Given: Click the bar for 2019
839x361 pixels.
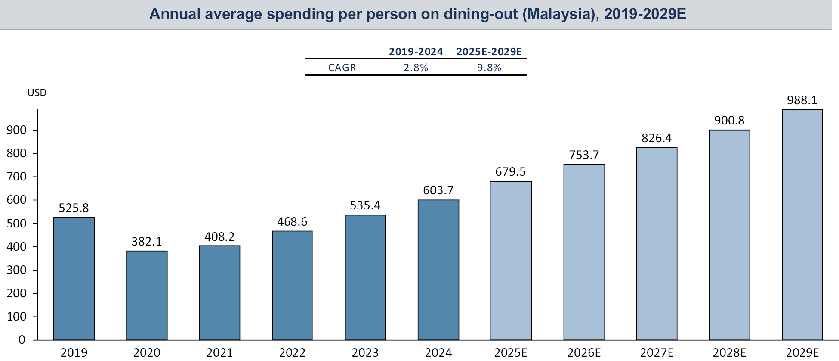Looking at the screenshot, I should [74, 279].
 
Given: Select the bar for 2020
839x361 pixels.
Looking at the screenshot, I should [146, 296].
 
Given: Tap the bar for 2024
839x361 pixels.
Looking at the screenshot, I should [438, 270].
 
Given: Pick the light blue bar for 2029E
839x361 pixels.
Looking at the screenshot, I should [802, 225].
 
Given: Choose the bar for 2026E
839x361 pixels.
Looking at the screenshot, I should [584, 252].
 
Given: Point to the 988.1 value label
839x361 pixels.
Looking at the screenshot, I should [802, 100].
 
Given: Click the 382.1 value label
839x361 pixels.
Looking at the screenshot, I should [146, 242].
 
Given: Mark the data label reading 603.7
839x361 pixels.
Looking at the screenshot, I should [438, 190].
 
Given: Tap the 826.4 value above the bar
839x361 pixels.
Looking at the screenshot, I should [657, 138].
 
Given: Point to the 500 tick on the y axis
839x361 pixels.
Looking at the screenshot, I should [16, 224].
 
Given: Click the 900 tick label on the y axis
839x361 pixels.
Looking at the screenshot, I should [16, 130].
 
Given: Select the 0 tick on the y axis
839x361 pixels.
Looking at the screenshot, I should [22, 340].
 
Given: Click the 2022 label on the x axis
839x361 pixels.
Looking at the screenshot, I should [292, 353].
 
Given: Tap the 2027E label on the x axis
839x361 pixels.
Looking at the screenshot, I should [657, 353].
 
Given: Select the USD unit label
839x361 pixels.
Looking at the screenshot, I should [37, 93].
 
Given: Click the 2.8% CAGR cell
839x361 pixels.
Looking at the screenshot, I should [416, 68].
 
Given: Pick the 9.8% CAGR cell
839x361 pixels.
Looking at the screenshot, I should [489, 68].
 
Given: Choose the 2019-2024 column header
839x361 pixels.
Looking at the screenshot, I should [416, 52].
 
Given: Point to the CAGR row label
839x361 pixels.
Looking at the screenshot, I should [342, 68].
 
